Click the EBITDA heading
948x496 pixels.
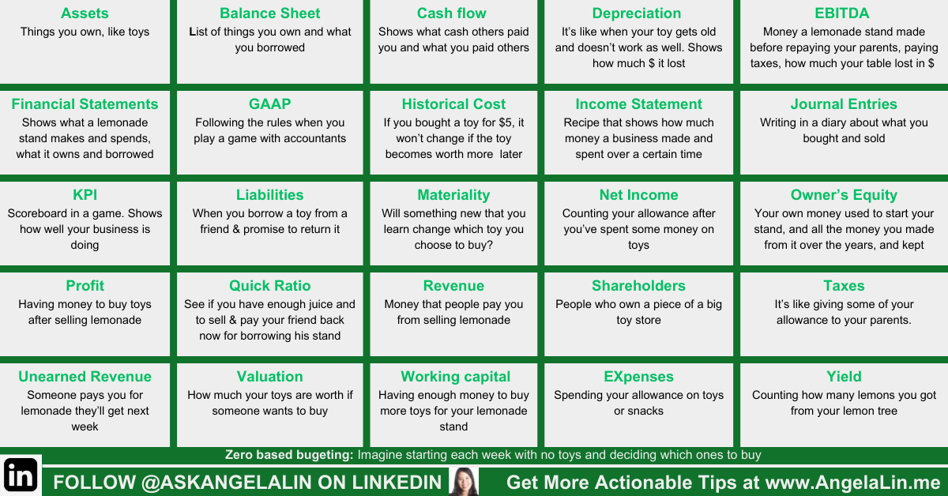[x=842, y=13]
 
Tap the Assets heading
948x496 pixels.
[x=85, y=13]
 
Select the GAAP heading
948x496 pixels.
[x=269, y=103]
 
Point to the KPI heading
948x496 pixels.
[x=85, y=194]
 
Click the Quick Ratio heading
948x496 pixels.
[x=269, y=286]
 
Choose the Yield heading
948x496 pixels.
[x=844, y=376]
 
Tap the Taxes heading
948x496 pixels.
[x=844, y=286]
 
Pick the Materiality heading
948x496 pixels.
[x=453, y=195]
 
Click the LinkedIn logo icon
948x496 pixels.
[x=21, y=475]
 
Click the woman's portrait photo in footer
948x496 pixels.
[x=464, y=482]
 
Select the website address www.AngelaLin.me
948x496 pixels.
[x=852, y=483]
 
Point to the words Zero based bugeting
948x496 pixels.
[x=289, y=455]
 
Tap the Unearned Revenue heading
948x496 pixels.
[x=85, y=376]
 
